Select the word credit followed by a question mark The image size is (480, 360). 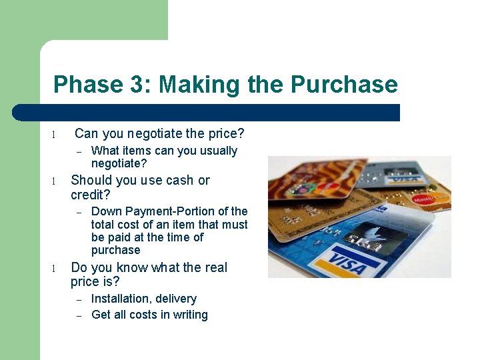point(91,195)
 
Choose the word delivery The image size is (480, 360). point(176,299)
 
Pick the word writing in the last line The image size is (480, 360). point(190,315)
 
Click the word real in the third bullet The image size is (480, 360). point(215,267)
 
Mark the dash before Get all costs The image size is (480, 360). point(78,315)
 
